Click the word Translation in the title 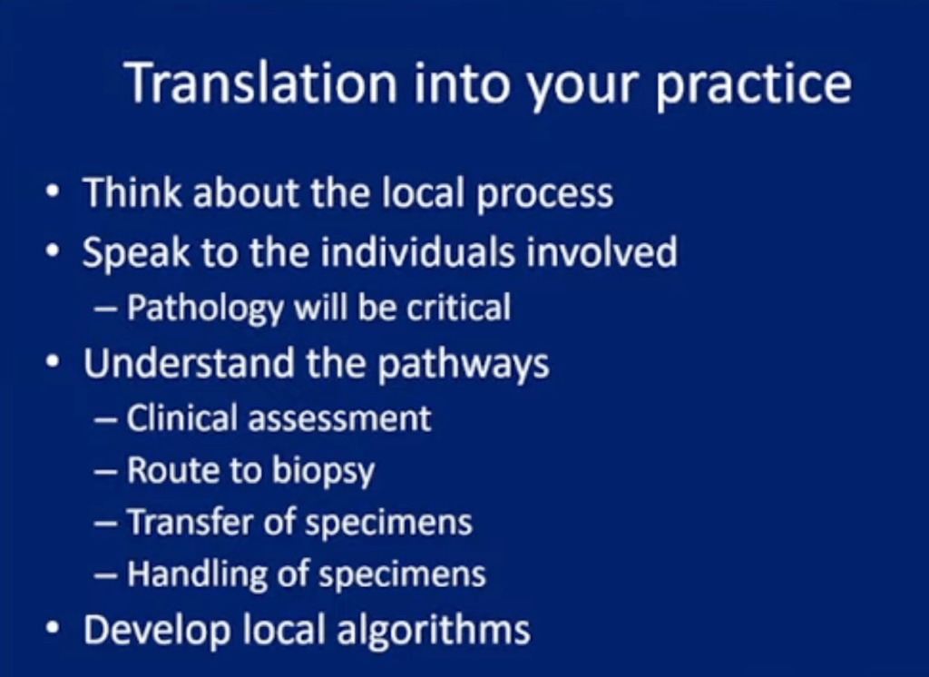click(261, 83)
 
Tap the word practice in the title click(753, 86)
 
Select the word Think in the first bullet click(132, 192)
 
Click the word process click(544, 196)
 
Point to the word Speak click(136, 252)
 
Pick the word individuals click(417, 251)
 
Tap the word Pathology click(205, 309)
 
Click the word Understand click(189, 363)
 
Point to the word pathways click(464, 365)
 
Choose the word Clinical click(181, 417)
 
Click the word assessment click(339, 418)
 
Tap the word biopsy click(323, 472)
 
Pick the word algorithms click(433, 631)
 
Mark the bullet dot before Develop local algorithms click(53, 627)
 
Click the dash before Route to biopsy click(105, 473)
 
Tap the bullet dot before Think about click(53, 191)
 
